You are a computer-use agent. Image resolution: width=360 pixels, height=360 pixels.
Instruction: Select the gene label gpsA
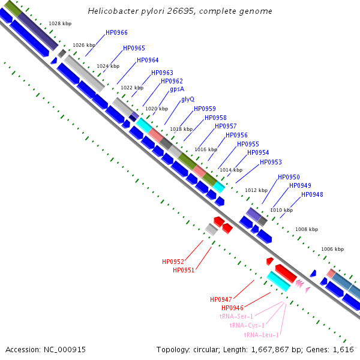click(x=177, y=89)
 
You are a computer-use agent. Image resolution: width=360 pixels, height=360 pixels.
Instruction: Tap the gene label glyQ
click(x=188, y=100)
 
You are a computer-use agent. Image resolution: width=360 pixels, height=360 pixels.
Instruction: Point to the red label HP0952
click(x=173, y=262)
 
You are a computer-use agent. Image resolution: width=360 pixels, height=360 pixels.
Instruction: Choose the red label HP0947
click(x=221, y=299)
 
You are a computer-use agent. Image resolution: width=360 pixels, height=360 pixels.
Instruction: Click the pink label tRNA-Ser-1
click(x=236, y=316)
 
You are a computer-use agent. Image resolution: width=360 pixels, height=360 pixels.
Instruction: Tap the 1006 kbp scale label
click(x=332, y=249)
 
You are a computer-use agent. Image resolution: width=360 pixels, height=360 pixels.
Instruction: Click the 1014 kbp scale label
click(x=230, y=170)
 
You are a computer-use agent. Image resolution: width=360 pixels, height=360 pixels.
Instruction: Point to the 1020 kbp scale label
click(x=157, y=109)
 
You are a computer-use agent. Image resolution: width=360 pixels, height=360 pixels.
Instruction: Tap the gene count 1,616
click(x=343, y=349)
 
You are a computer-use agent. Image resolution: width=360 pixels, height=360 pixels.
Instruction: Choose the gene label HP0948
click(x=312, y=194)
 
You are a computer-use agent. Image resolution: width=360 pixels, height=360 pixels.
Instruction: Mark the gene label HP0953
click(x=271, y=162)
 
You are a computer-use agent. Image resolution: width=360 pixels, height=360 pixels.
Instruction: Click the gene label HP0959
click(x=205, y=109)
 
